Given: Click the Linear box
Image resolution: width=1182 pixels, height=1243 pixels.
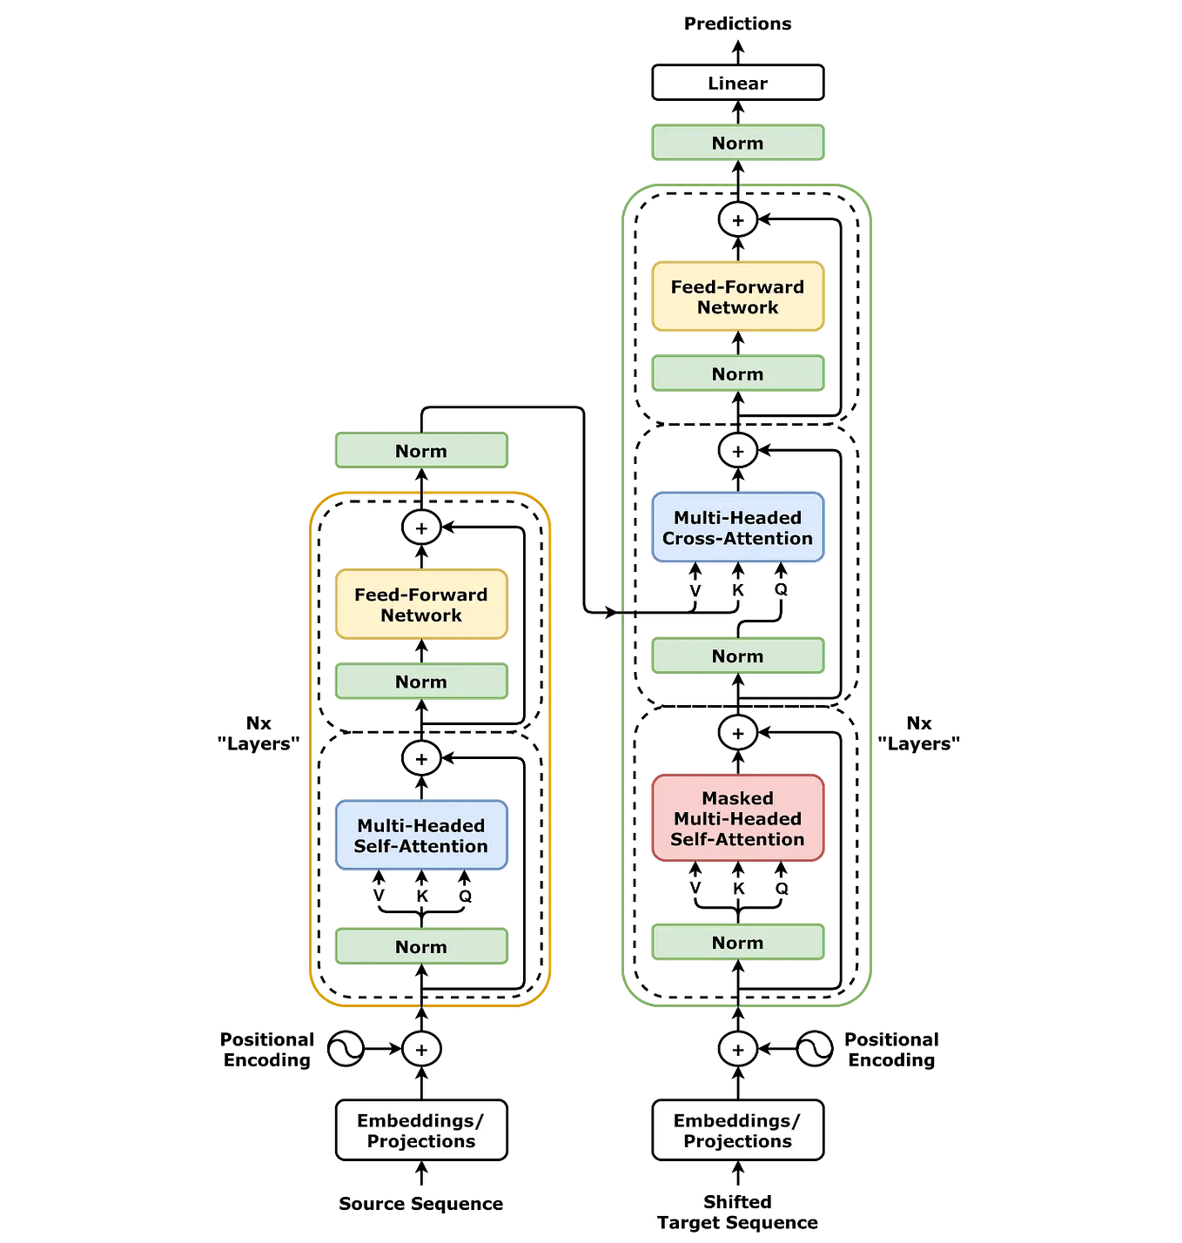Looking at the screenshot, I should pyautogui.click(x=737, y=84).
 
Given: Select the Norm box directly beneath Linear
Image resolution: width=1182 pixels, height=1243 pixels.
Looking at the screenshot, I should pyautogui.click(x=737, y=144).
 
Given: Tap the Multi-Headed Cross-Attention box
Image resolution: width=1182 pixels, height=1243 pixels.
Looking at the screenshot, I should pyautogui.click(x=737, y=528).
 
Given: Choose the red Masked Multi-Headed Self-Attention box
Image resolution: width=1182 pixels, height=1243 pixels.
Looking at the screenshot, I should pyautogui.click(x=737, y=818).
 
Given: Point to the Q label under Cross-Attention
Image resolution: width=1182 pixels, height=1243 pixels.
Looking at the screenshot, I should pyautogui.click(x=781, y=590).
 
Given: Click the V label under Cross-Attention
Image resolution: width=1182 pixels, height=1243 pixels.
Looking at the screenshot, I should pyautogui.click(x=695, y=590).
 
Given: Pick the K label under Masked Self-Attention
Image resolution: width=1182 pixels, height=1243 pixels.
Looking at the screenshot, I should pyautogui.click(x=738, y=889).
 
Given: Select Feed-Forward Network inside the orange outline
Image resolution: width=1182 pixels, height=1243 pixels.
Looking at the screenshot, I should pyautogui.click(x=421, y=605).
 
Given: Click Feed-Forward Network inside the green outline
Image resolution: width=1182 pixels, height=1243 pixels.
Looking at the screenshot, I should pyautogui.click(x=737, y=297).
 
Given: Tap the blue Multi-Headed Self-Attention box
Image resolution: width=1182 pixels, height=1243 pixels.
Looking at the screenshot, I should pyautogui.click(x=421, y=836).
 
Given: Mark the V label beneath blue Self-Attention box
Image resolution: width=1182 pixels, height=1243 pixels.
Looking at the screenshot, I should pyautogui.click(x=379, y=896).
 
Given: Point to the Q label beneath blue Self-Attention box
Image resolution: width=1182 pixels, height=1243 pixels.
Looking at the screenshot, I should pyautogui.click(x=465, y=896).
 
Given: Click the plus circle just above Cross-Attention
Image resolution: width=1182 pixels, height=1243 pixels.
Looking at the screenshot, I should pyautogui.click(x=738, y=451).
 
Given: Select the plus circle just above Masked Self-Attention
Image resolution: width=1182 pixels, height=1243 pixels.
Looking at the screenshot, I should pyautogui.click(x=738, y=733).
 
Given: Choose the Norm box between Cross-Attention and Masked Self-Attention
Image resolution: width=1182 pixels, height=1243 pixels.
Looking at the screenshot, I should pyautogui.click(x=737, y=656).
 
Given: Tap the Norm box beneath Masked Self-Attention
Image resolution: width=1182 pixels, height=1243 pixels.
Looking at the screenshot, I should pyautogui.click(x=737, y=943).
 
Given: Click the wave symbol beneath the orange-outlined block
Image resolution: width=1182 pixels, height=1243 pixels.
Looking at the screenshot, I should pyautogui.click(x=346, y=1049).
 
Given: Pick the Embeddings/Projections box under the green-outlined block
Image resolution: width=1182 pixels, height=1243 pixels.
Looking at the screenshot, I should pyautogui.click(x=737, y=1131).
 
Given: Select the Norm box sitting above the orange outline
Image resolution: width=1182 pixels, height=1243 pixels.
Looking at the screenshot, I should pyautogui.click(x=421, y=451).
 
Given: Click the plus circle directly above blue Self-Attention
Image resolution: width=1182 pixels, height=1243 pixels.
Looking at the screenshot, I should pyautogui.click(x=421, y=758).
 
